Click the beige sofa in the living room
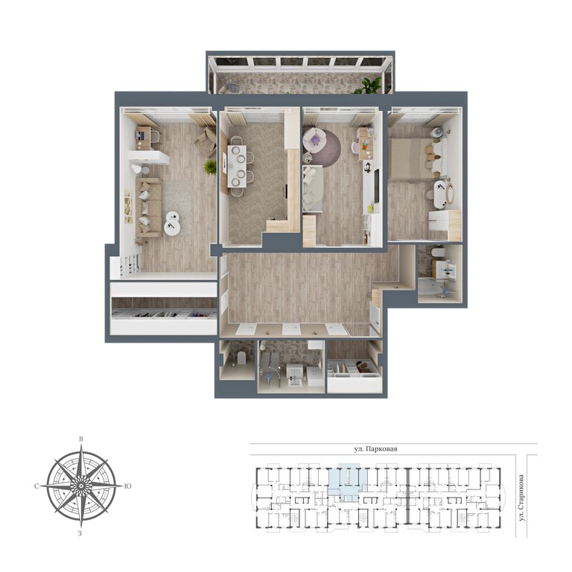(148, 207)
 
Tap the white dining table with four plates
(237, 166)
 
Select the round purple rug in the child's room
(322, 147)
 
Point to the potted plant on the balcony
(371, 86)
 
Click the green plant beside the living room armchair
(210, 168)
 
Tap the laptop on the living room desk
(141, 136)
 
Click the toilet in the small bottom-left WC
(241, 358)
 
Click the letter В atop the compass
(81, 439)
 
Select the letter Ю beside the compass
(128, 486)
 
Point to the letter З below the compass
(80, 533)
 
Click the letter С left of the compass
(36, 486)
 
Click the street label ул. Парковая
(375, 449)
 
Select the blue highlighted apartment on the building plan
(347, 482)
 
